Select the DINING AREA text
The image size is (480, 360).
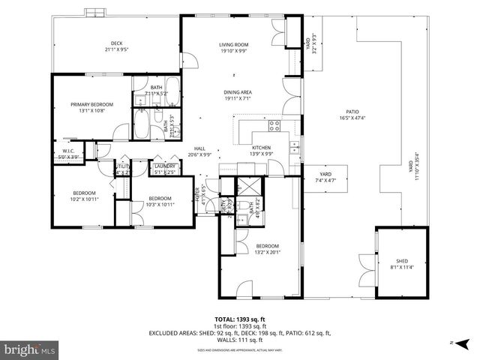point(238,94)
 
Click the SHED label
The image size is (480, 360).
point(401,263)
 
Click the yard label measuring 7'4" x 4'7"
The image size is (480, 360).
point(325,176)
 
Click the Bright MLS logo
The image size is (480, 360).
point(31,349)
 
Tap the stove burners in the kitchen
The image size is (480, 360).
point(274,125)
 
